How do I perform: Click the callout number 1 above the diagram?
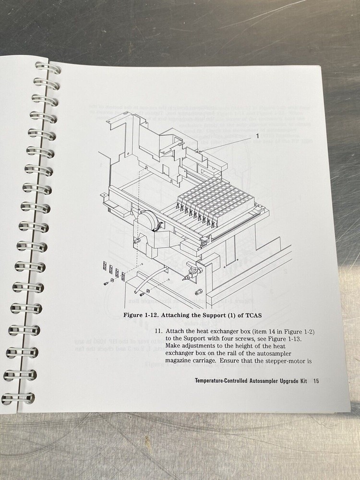tap(258, 136)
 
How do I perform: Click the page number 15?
tap(316, 382)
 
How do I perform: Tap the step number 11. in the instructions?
tap(158, 331)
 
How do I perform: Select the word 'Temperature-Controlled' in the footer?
tap(225, 382)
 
